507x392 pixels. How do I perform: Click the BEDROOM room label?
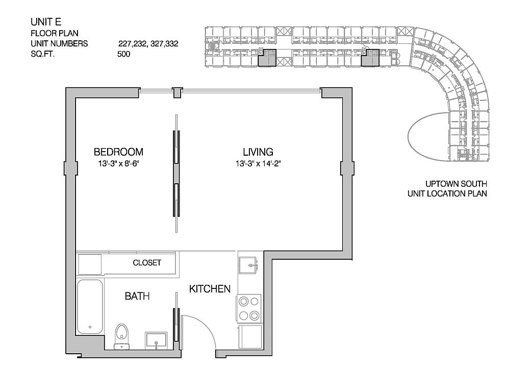[118, 152]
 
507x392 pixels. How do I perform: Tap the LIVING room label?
[258, 152]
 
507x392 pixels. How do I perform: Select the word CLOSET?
[147, 262]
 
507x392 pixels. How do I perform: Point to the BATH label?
[137, 296]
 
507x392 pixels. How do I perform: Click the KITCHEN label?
[210, 289]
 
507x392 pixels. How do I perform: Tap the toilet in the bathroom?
[122, 337]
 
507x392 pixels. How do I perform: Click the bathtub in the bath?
[90, 307]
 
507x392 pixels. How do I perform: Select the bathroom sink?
[156, 340]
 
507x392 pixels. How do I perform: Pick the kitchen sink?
[248, 265]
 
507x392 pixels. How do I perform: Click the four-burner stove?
[248, 308]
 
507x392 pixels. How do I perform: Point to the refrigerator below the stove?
[250, 337]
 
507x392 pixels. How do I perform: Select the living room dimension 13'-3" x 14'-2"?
[258, 164]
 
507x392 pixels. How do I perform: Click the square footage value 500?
[124, 54]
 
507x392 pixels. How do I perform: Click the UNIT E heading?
[46, 21]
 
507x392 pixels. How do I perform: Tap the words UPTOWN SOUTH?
[456, 184]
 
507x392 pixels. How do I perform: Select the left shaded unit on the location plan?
[267, 58]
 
